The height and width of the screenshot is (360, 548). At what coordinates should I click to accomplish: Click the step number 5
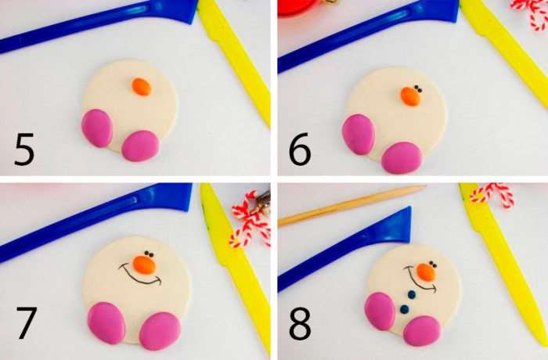coord(24,149)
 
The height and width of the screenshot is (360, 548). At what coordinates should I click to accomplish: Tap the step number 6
coord(300,149)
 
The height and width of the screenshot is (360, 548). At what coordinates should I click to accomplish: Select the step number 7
coord(26,322)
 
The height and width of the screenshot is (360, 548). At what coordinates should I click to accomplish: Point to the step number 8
coord(300,323)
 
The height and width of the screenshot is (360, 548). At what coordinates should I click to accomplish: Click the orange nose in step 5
coord(142,87)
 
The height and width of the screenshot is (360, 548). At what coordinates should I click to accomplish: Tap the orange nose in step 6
coord(411,96)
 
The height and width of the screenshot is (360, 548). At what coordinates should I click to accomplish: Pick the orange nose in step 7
coord(144,265)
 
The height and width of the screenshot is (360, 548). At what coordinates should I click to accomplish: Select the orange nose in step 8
coord(426,272)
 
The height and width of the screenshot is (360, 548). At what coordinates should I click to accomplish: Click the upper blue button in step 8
coord(412,294)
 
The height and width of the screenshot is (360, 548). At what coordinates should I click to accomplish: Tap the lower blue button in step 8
coord(405,309)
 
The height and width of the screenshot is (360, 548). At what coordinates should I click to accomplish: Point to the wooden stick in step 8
coord(352,205)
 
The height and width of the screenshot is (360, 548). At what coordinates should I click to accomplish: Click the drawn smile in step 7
coord(140,275)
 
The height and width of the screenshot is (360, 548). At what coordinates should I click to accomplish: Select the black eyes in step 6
coord(417,89)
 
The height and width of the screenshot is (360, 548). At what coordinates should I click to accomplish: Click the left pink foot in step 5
coord(97,128)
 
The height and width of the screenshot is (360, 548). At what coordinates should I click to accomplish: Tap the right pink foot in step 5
coord(140,146)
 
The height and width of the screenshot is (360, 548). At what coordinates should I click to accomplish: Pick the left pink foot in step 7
coord(106,323)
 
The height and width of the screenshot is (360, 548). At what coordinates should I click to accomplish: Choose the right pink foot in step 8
coord(422,330)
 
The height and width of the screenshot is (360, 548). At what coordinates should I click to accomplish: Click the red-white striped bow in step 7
coord(251,219)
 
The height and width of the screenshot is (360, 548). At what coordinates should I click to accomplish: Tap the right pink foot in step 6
coord(402,157)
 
